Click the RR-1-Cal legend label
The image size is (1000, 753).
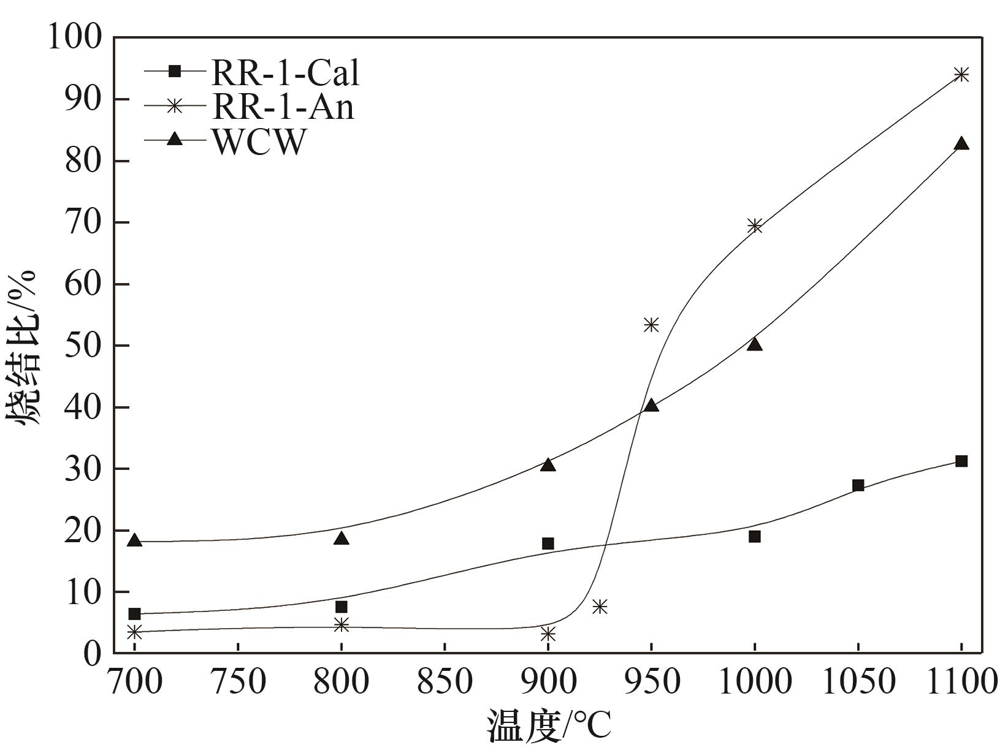285,72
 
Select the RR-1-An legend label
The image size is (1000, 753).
283,107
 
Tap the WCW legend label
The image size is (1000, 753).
258,142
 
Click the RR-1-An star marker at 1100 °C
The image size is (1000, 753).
961,75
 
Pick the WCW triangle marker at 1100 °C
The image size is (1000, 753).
961,143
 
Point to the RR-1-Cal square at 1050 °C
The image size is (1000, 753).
858,485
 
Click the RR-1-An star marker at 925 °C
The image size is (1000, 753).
600,607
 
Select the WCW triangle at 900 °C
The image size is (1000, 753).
548,464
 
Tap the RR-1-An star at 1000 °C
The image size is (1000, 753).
755,226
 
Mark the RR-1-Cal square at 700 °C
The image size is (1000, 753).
135,614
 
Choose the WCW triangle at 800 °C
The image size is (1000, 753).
342,539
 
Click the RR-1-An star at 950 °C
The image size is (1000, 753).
651,325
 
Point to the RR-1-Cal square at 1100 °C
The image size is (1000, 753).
961,461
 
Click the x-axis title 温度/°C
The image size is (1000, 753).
549,727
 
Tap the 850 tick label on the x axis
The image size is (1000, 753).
445,681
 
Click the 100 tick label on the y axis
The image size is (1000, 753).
74,38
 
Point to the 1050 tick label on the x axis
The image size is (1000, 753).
858,681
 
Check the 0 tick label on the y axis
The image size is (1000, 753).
93,653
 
